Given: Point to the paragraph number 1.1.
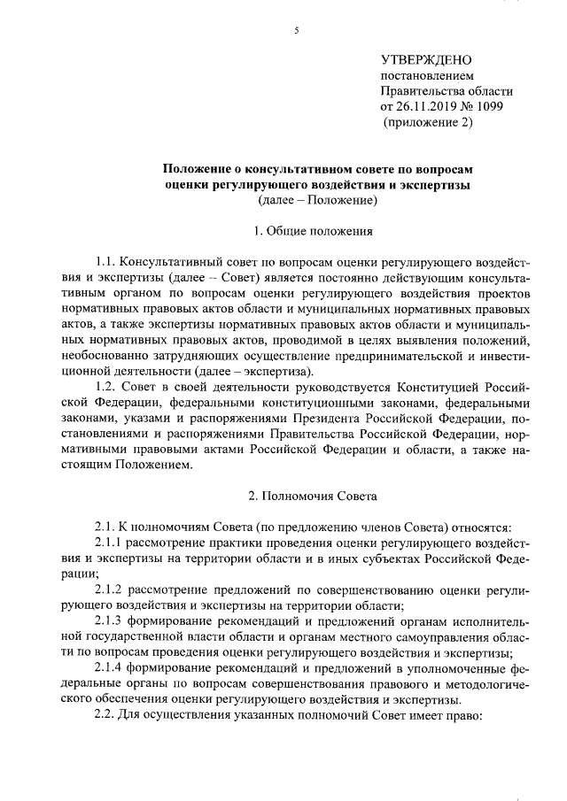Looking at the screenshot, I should [105, 263].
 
